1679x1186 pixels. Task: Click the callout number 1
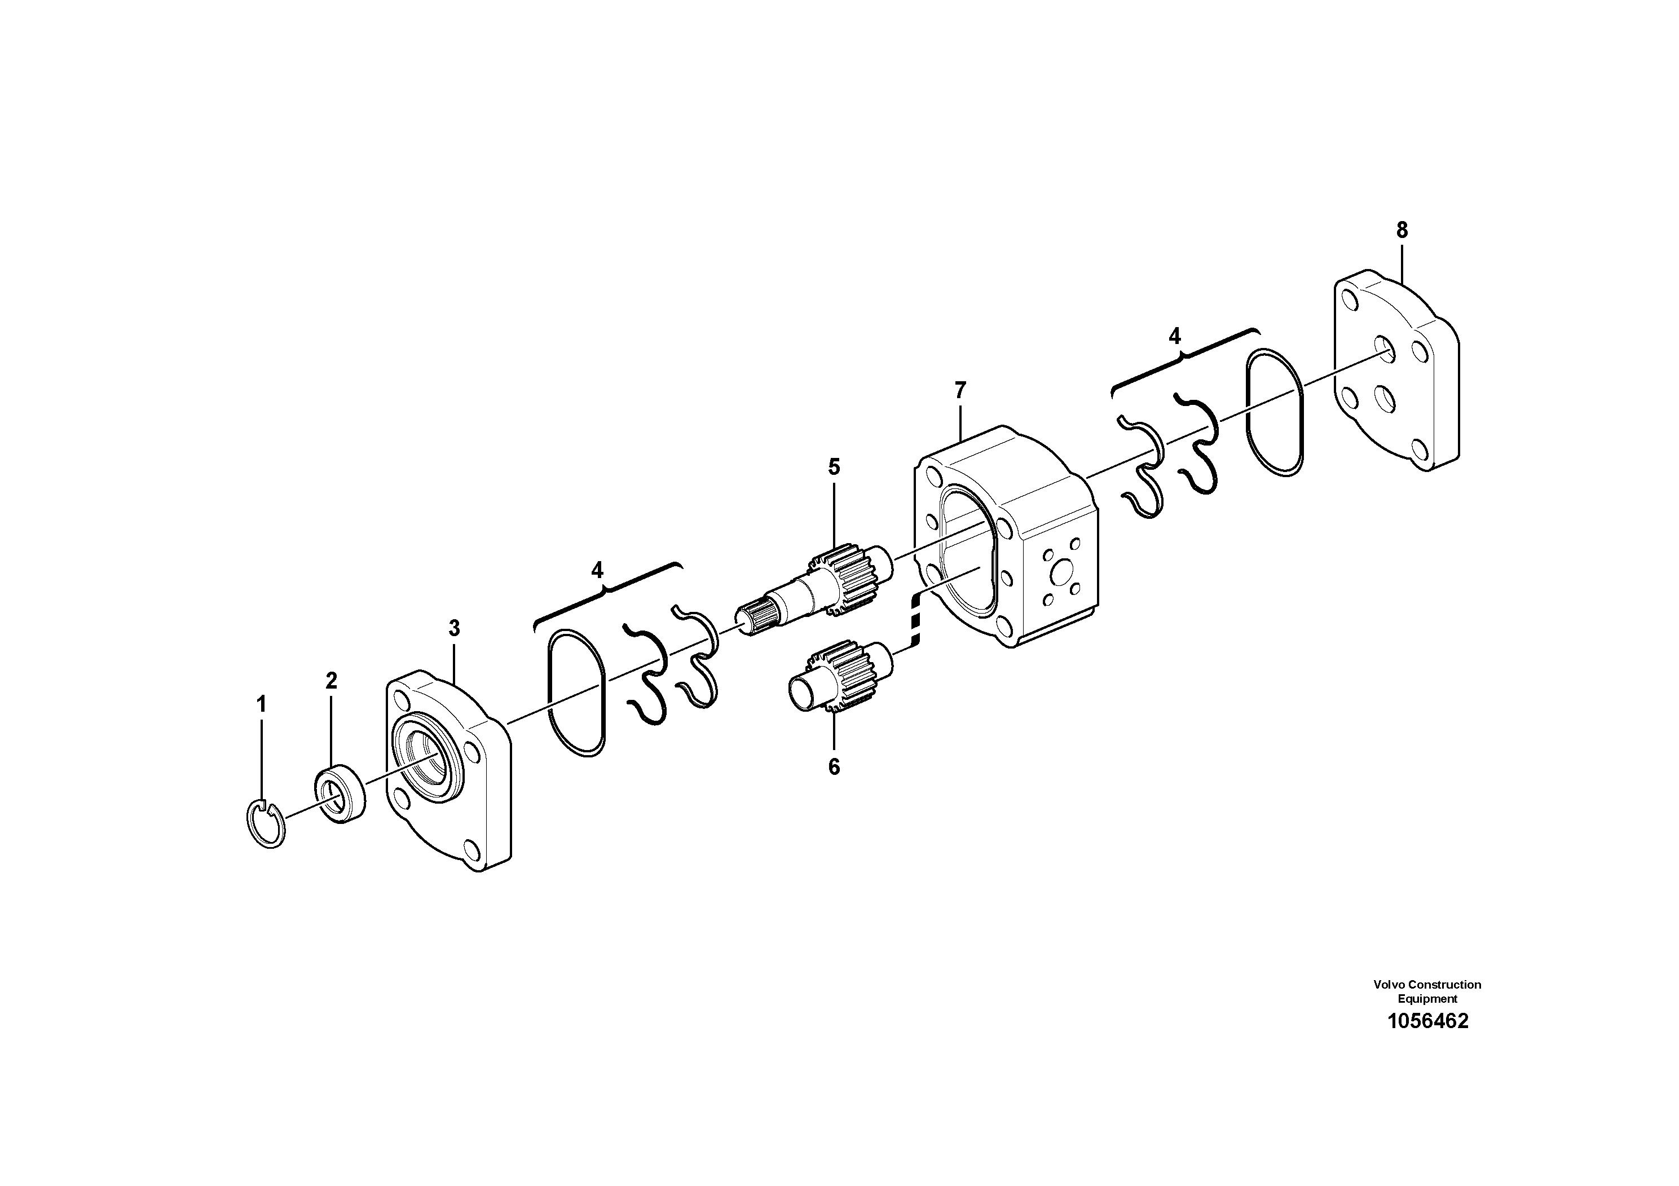261,705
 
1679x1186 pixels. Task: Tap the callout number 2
331,681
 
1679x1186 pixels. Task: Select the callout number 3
454,628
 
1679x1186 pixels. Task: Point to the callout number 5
834,466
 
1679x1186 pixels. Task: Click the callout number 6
834,767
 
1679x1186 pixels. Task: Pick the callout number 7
960,390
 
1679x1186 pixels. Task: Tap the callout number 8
1401,230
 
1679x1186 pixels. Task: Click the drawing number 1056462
1427,1021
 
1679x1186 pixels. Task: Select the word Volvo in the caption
1389,985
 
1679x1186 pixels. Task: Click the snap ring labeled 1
264,824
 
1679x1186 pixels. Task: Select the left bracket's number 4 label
597,570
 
